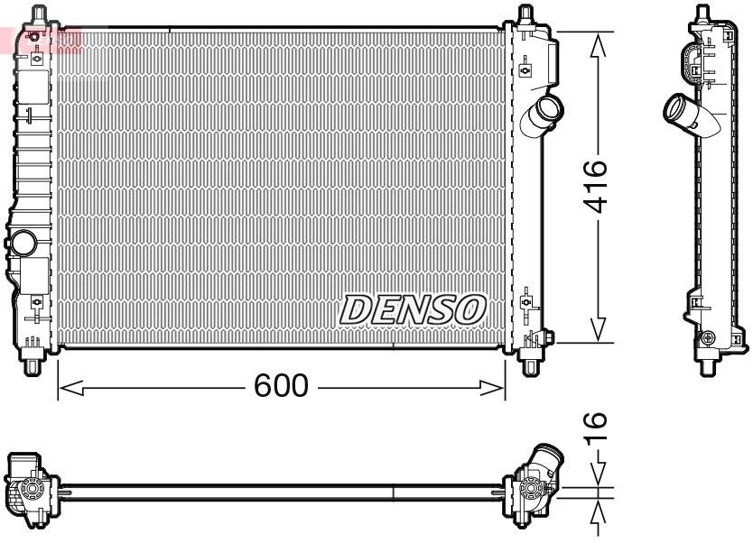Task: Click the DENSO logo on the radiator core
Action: coord(413,309)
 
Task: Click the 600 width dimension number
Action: coord(280,387)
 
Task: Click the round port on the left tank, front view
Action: coord(23,243)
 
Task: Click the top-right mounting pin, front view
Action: coord(526,14)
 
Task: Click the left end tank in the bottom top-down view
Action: coord(30,487)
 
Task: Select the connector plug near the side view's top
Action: coord(691,62)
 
